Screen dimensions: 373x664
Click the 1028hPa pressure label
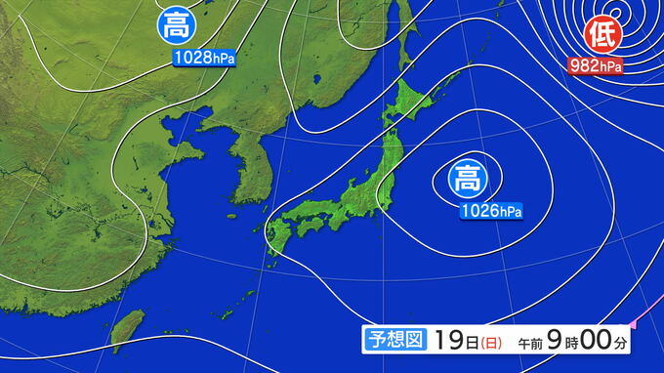(x=204, y=58)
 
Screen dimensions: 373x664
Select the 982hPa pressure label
(x=595, y=66)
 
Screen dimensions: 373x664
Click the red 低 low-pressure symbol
(x=601, y=35)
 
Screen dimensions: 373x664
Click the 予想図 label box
(x=396, y=340)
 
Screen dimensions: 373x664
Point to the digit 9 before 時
(x=555, y=340)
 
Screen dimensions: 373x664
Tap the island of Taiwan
(x=127, y=330)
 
